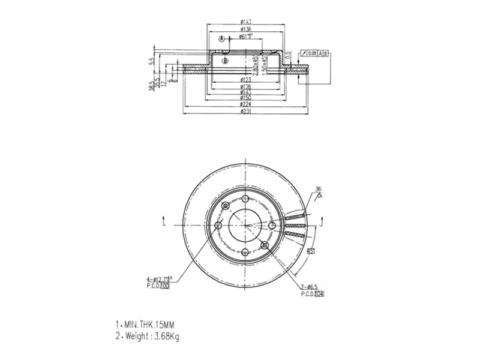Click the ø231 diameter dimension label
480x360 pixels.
[245, 112]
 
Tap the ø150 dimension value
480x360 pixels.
[245, 98]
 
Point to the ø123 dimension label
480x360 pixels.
[245, 80]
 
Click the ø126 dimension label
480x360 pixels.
[245, 86]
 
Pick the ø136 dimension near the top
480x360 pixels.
[245, 29]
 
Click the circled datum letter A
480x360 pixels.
[221, 39]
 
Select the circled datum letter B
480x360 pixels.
[225, 61]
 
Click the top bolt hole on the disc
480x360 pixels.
[245, 199]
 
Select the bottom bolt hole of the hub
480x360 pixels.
[245, 251]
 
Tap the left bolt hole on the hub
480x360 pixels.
[218, 226]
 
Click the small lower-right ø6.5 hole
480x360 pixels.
[265, 245]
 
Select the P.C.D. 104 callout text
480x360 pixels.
[312, 295]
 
